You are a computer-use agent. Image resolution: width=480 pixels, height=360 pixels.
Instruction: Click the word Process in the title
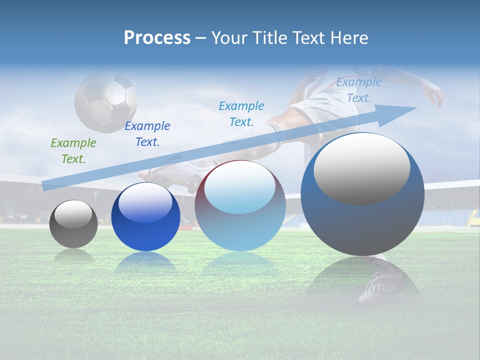click(x=157, y=38)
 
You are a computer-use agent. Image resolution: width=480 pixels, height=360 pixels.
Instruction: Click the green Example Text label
click(x=73, y=151)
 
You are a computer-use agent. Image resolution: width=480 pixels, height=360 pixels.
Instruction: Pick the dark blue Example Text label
click(x=147, y=134)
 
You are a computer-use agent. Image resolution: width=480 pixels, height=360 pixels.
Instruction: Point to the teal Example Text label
click(x=241, y=113)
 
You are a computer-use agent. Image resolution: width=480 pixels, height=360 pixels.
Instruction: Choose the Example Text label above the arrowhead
click(x=359, y=90)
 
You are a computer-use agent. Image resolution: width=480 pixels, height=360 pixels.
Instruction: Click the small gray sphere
click(x=73, y=224)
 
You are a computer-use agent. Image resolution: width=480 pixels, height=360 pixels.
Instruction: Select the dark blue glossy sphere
click(x=145, y=217)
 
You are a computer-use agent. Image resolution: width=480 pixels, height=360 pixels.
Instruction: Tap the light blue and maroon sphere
click(x=240, y=206)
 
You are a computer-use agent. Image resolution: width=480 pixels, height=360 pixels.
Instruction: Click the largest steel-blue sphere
click(x=362, y=194)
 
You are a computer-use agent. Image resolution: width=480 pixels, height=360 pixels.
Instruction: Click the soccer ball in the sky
click(x=105, y=101)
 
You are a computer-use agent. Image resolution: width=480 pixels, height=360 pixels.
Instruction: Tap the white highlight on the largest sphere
click(x=362, y=168)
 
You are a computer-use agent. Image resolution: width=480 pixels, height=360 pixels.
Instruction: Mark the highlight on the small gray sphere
click(x=73, y=214)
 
